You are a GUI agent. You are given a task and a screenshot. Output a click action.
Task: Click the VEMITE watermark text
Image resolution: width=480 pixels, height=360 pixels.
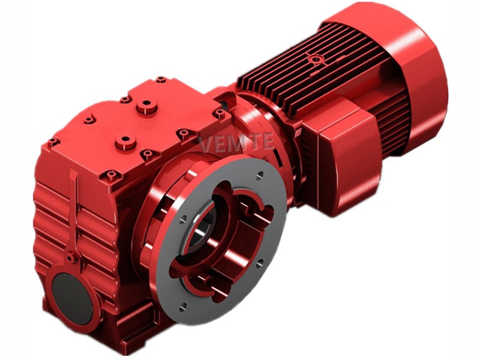(236, 142)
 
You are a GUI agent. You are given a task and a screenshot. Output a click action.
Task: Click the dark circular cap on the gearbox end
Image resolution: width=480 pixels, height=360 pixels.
(72, 298)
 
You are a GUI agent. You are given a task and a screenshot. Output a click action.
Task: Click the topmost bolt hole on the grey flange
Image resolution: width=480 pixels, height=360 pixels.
(260, 175)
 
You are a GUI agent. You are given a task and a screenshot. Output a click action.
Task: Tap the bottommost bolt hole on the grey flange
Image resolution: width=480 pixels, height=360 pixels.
(182, 307)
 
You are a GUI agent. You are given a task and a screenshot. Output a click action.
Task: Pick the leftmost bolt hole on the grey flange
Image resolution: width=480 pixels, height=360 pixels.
(183, 219)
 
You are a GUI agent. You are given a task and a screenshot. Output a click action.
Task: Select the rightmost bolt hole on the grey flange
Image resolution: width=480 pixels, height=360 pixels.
(260, 263)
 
